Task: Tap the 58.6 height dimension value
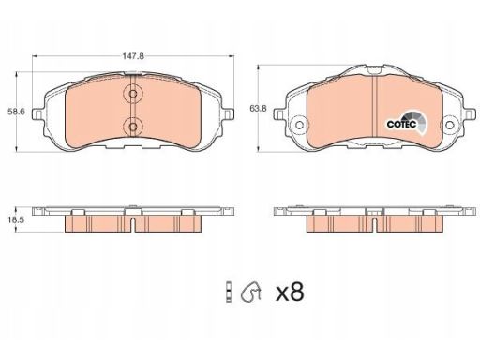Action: [x=16, y=112]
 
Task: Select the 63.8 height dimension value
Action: [x=258, y=109]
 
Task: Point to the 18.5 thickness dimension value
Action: [x=16, y=219]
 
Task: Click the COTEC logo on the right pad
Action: [x=406, y=124]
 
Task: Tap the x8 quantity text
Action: [x=290, y=292]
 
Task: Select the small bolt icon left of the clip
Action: [x=229, y=292]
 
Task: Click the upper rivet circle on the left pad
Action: [x=133, y=94]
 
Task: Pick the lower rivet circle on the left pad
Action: [x=133, y=127]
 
